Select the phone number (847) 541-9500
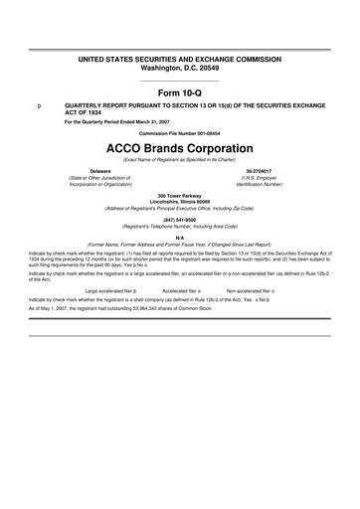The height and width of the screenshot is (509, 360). (180, 221)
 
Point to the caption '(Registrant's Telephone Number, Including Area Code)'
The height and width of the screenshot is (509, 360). (180, 227)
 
